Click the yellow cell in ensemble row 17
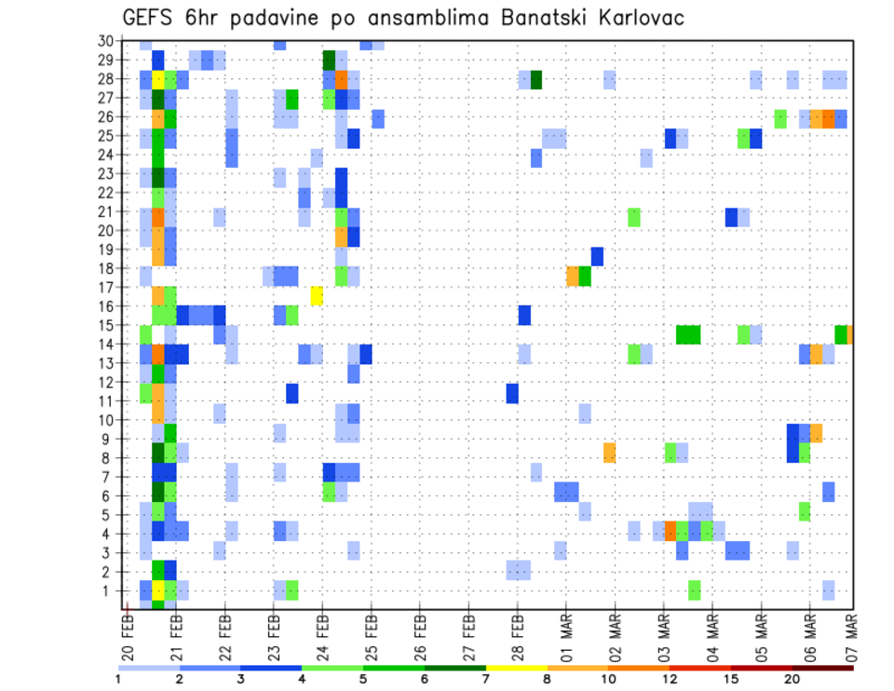pyautogui.click(x=317, y=295)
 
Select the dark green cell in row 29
pyautogui.click(x=329, y=61)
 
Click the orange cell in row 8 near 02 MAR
pyautogui.click(x=609, y=453)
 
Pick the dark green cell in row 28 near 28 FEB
pyautogui.click(x=536, y=80)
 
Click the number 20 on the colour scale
pyautogui.click(x=792, y=678)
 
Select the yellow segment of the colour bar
pyautogui.click(x=516, y=668)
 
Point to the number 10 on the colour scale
pyautogui.click(x=608, y=678)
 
